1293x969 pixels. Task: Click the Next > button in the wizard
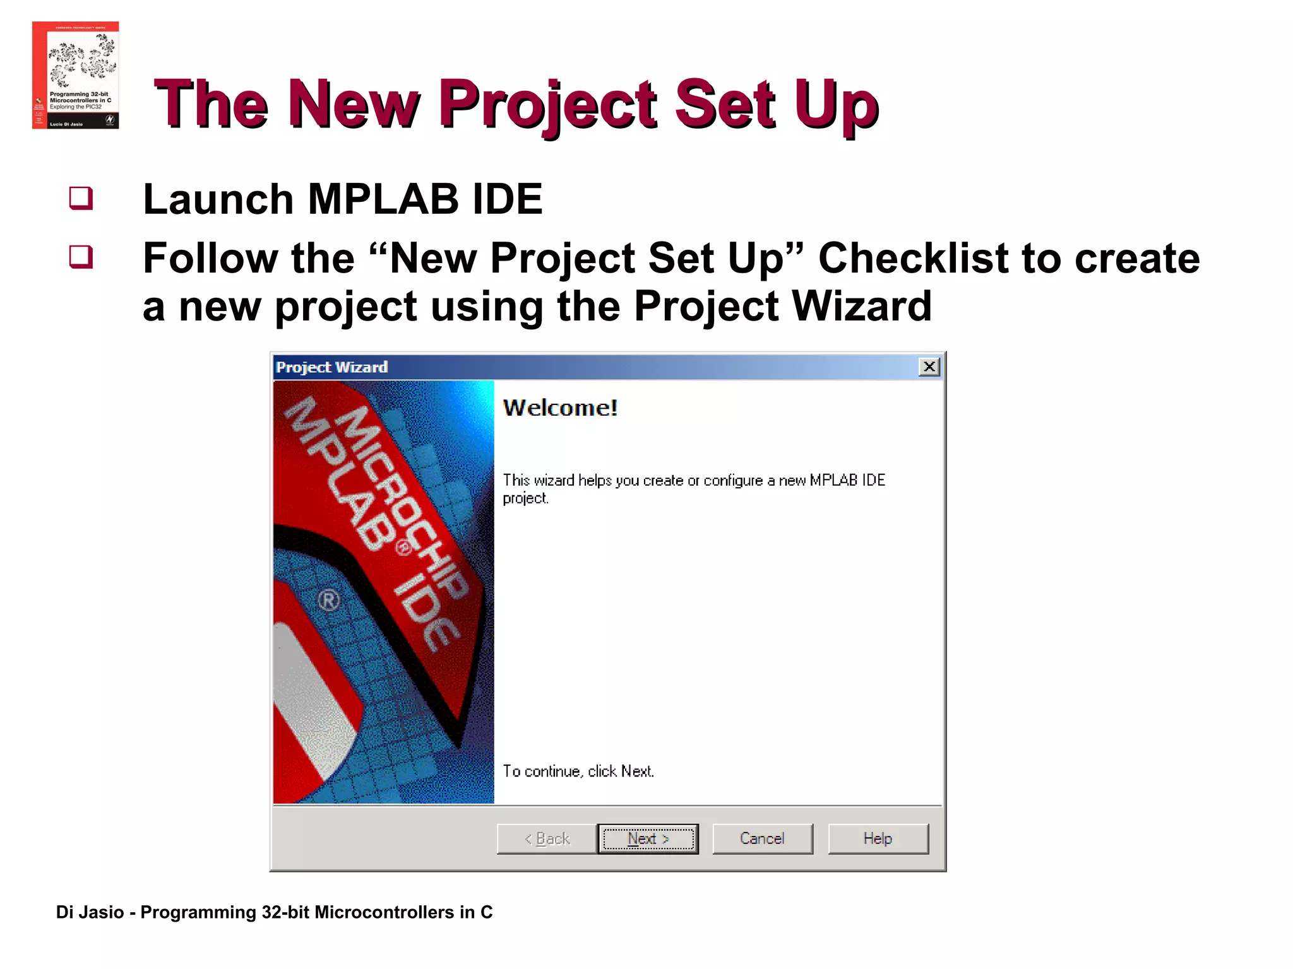click(x=648, y=838)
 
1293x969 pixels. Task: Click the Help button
click(x=878, y=838)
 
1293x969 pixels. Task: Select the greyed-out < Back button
click(x=547, y=838)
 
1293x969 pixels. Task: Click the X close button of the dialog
click(x=929, y=367)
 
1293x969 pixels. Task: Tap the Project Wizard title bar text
click(x=332, y=367)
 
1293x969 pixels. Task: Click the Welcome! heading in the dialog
click(x=560, y=408)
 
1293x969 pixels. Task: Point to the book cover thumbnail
click(x=76, y=75)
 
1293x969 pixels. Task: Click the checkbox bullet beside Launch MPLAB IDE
click(x=81, y=198)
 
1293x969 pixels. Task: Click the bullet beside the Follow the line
click(x=81, y=257)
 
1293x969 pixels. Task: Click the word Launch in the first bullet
click(x=218, y=199)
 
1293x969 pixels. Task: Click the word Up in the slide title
click(x=836, y=104)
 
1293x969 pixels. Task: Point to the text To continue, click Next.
click(x=578, y=771)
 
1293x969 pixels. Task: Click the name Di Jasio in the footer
click(x=90, y=912)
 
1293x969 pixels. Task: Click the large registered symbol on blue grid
click(x=328, y=601)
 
